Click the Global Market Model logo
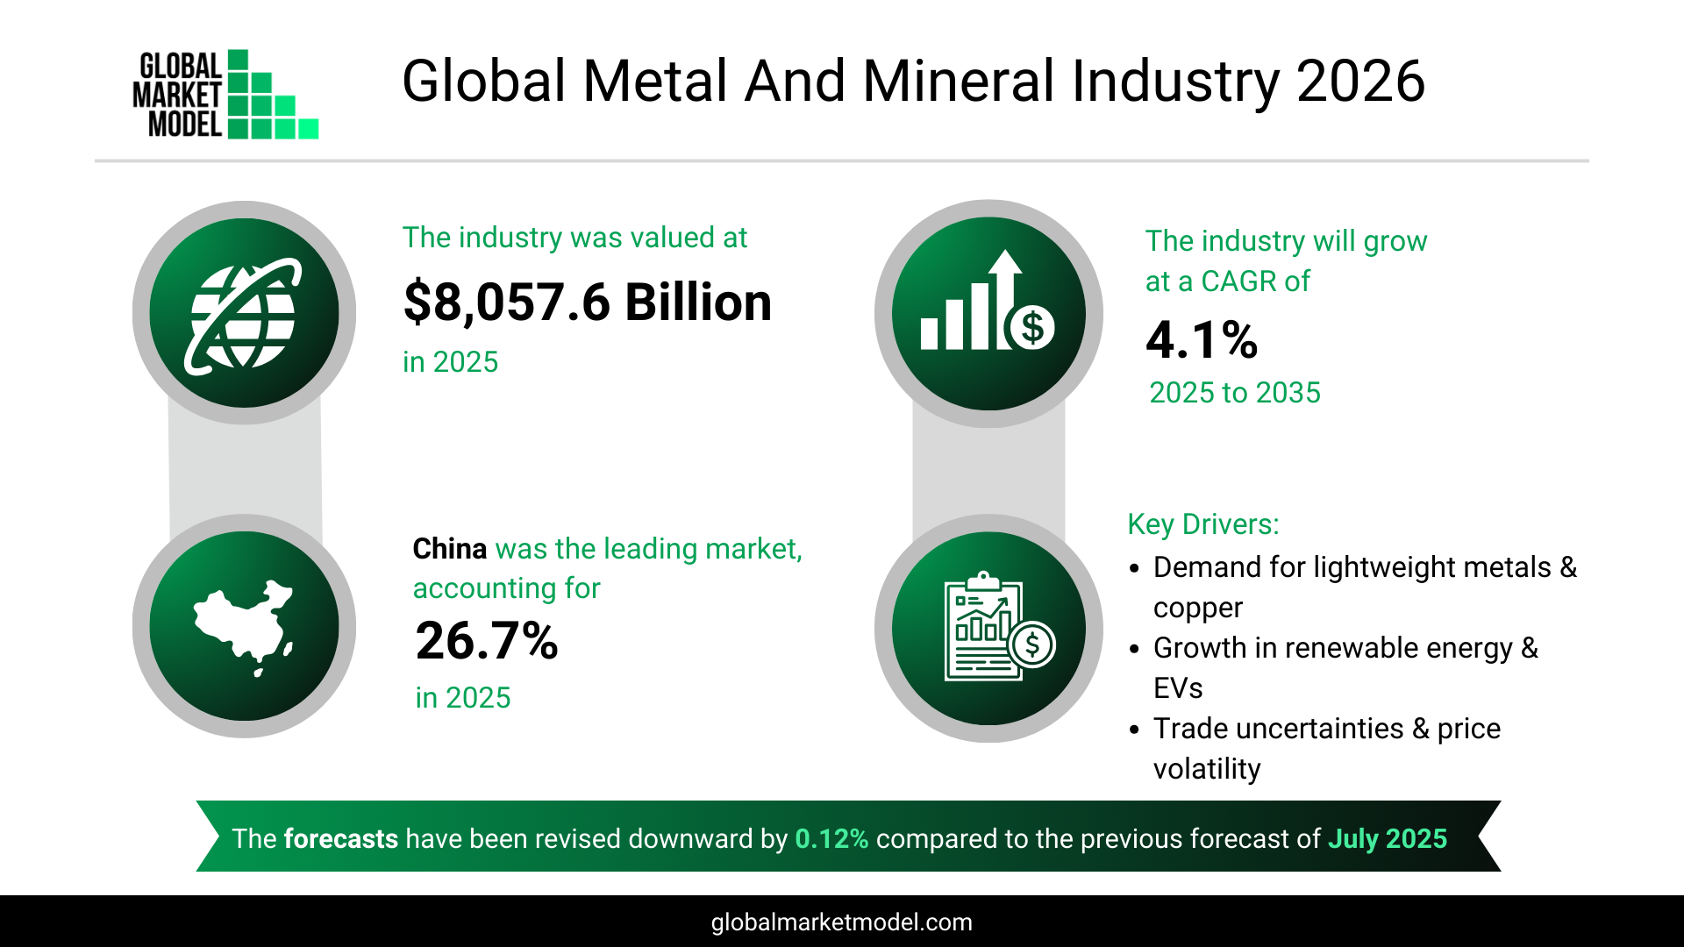pyautogui.click(x=225, y=95)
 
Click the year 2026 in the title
pyautogui.click(x=1360, y=82)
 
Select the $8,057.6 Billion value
pyautogui.click(x=587, y=303)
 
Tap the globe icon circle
pyautogui.click(x=244, y=313)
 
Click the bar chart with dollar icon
pyautogui.click(x=988, y=313)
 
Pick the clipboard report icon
pyautogui.click(x=988, y=628)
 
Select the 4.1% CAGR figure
pyautogui.click(x=1202, y=340)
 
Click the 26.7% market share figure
pyautogui.click(x=487, y=641)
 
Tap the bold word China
pyautogui.click(x=449, y=549)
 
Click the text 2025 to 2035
pyautogui.click(x=1234, y=393)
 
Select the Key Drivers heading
pyautogui.click(x=1202, y=524)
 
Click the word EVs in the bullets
pyautogui.click(x=1177, y=688)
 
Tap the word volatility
pyautogui.click(x=1206, y=769)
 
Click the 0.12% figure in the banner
pyautogui.click(x=831, y=839)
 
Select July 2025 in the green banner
pyautogui.click(x=1387, y=839)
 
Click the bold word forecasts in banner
pyautogui.click(x=340, y=839)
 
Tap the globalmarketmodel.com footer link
pyautogui.click(x=841, y=922)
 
